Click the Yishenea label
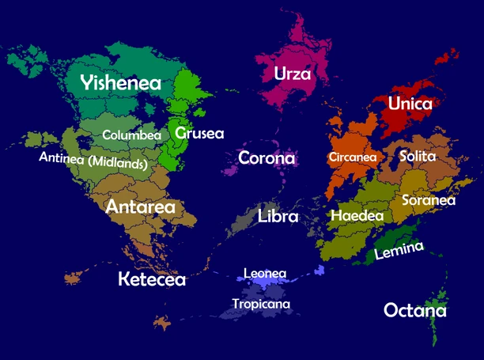point(121,83)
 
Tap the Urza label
point(292,74)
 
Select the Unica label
point(410,104)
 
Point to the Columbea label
point(131,135)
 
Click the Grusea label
point(200,133)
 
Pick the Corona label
point(267,157)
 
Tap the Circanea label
point(353,157)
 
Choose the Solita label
point(418,156)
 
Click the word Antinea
point(62,159)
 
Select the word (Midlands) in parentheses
point(118,164)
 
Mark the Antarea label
point(151,207)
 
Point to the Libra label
point(278,216)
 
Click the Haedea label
point(357,215)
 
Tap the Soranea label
point(429,200)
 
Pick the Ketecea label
point(152,279)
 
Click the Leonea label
point(264,274)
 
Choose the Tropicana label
point(261,304)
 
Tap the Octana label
point(414,310)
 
